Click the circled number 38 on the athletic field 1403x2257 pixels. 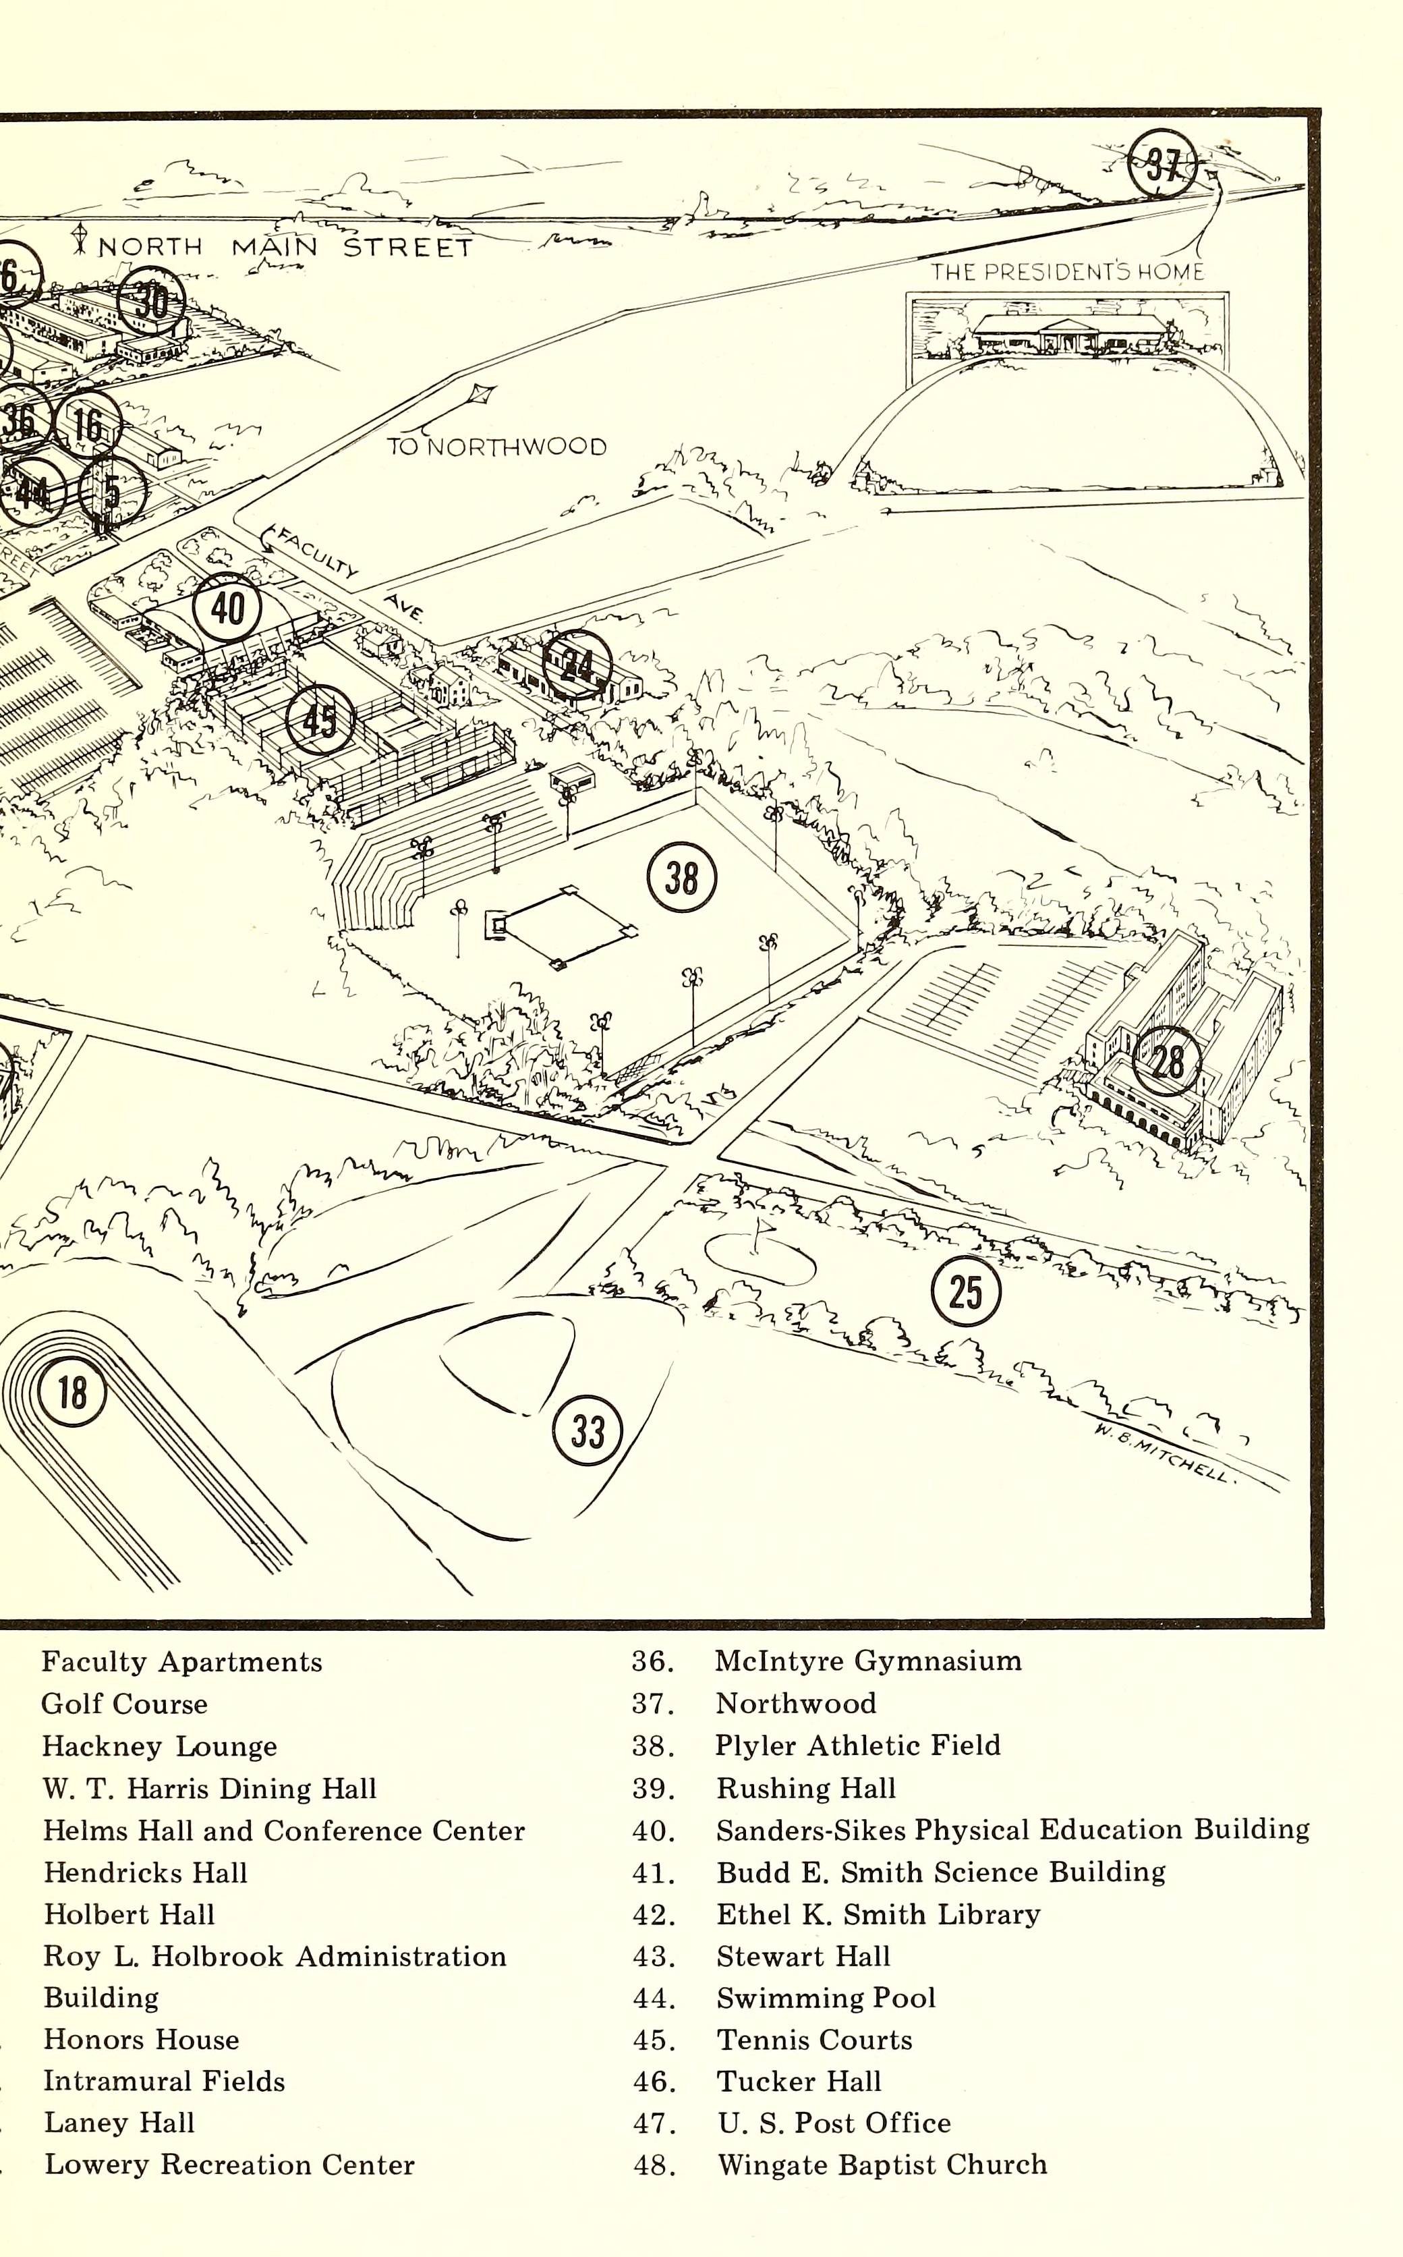pyautogui.click(x=682, y=877)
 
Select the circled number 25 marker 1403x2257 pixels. pyautogui.click(x=966, y=1291)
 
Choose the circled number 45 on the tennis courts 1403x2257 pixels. pyautogui.click(x=320, y=719)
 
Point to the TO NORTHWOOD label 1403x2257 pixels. pyautogui.click(x=496, y=447)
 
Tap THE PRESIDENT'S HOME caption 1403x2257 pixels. pyautogui.click(x=1067, y=272)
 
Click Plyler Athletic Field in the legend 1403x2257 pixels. pyautogui.click(x=857, y=1746)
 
